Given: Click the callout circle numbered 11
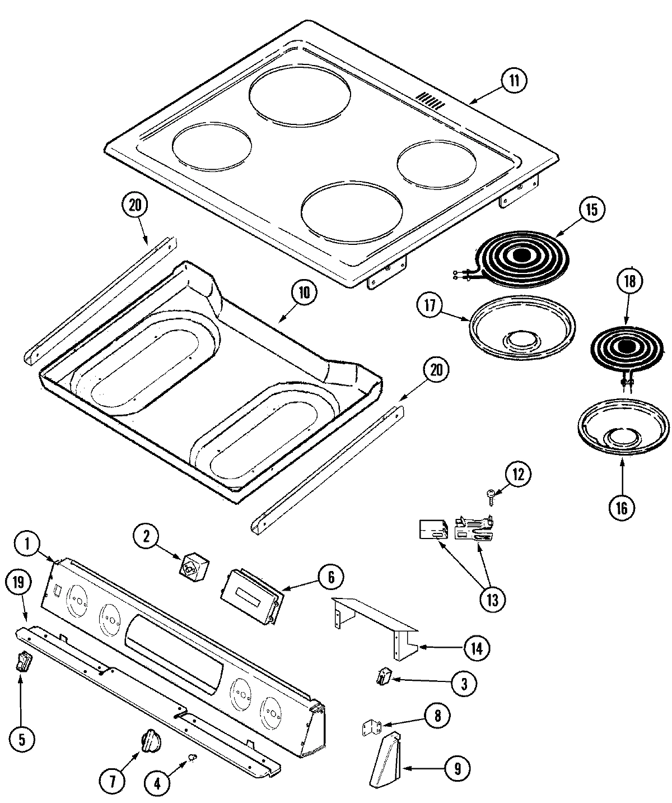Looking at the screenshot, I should [x=514, y=81].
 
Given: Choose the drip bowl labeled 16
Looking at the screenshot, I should [x=623, y=429].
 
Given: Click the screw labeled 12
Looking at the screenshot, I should [x=490, y=494].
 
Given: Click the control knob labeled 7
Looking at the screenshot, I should [x=150, y=743].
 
